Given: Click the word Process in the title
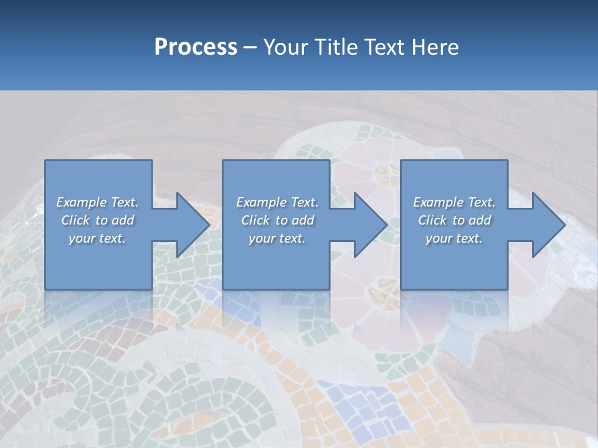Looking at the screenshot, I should point(196,47).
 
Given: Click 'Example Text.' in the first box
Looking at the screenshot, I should point(97,202).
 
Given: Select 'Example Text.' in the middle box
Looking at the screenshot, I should point(277,202).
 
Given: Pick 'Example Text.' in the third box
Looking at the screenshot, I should point(454,202).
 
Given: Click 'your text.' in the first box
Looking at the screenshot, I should point(97,238).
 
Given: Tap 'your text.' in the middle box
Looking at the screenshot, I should point(277,238).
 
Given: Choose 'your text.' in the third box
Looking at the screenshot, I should point(454,238).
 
